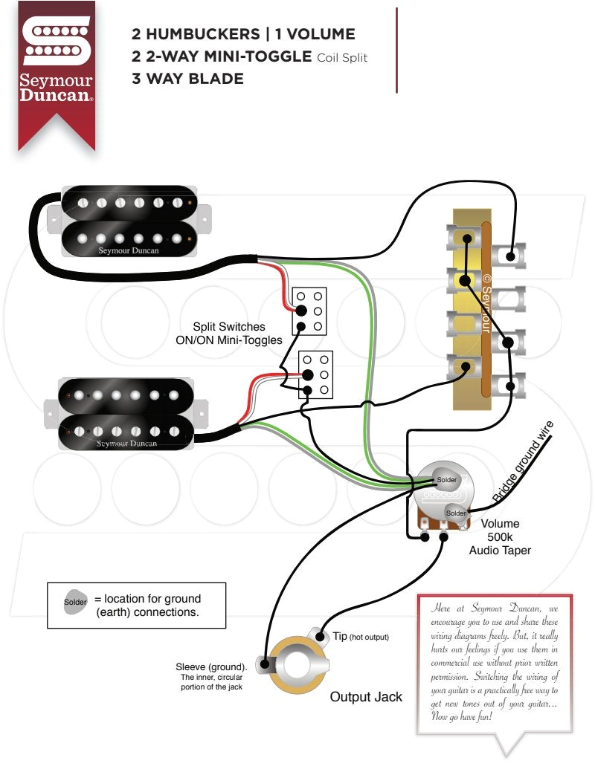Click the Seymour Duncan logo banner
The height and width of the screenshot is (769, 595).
[x=57, y=71]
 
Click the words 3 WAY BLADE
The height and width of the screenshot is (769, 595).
[x=187, y=78]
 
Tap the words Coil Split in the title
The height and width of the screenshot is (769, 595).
[x=342, y=57]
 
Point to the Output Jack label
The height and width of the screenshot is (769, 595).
[x=366, y=696]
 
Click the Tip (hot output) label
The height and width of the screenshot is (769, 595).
[x=360, y=637]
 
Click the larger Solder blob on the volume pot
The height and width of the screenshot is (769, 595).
[x=446, y=481]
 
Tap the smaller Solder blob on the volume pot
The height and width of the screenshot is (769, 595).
[x=455, y=513]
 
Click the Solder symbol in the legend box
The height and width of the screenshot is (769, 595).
[x=75, y=602]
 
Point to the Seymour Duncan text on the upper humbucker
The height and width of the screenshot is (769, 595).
[x=128, y=250]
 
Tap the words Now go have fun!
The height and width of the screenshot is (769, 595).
[x=461, y=717]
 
